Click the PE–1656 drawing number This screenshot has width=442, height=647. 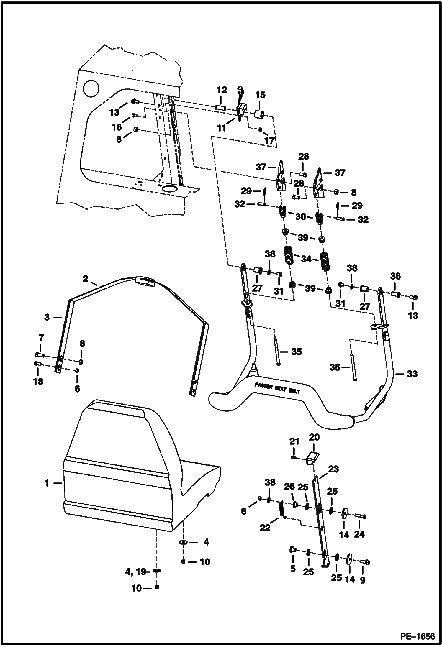(x=417, y=636)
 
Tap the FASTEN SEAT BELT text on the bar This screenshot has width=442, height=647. (x=277, y=388)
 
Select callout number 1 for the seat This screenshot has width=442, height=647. (x=47, y=483)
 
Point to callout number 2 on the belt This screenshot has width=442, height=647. (x=86, y=279)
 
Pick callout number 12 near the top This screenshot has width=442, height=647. (x=222, y=90)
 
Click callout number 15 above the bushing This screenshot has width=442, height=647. (x=260, y=95)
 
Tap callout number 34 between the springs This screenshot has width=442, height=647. (x=306, y=259)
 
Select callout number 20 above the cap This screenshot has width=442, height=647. (x=314, y=437)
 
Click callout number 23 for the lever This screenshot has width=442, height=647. (x=333, y=469)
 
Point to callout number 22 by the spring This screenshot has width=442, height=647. (x=265, y=527)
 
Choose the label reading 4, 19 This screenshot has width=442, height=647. (x=136, y=572)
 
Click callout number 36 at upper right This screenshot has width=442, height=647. (x=395, y=276)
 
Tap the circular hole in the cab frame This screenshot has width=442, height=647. (x=92, y=88)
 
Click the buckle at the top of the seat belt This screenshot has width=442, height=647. (x=145, y=281)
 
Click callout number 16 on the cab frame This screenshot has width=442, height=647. (x=117, y=127)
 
